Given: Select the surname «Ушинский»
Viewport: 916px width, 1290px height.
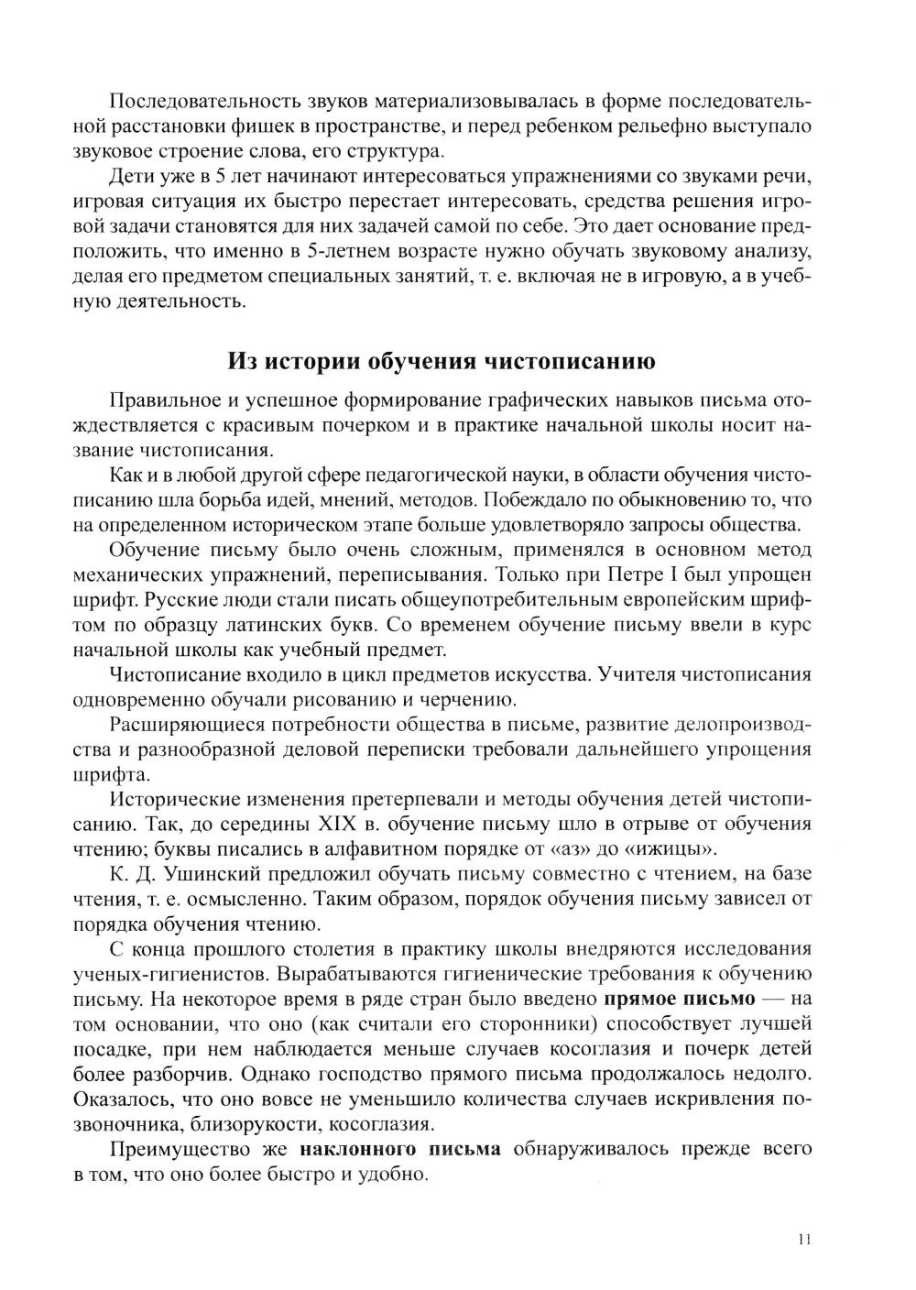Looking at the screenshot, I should point(202,873).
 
